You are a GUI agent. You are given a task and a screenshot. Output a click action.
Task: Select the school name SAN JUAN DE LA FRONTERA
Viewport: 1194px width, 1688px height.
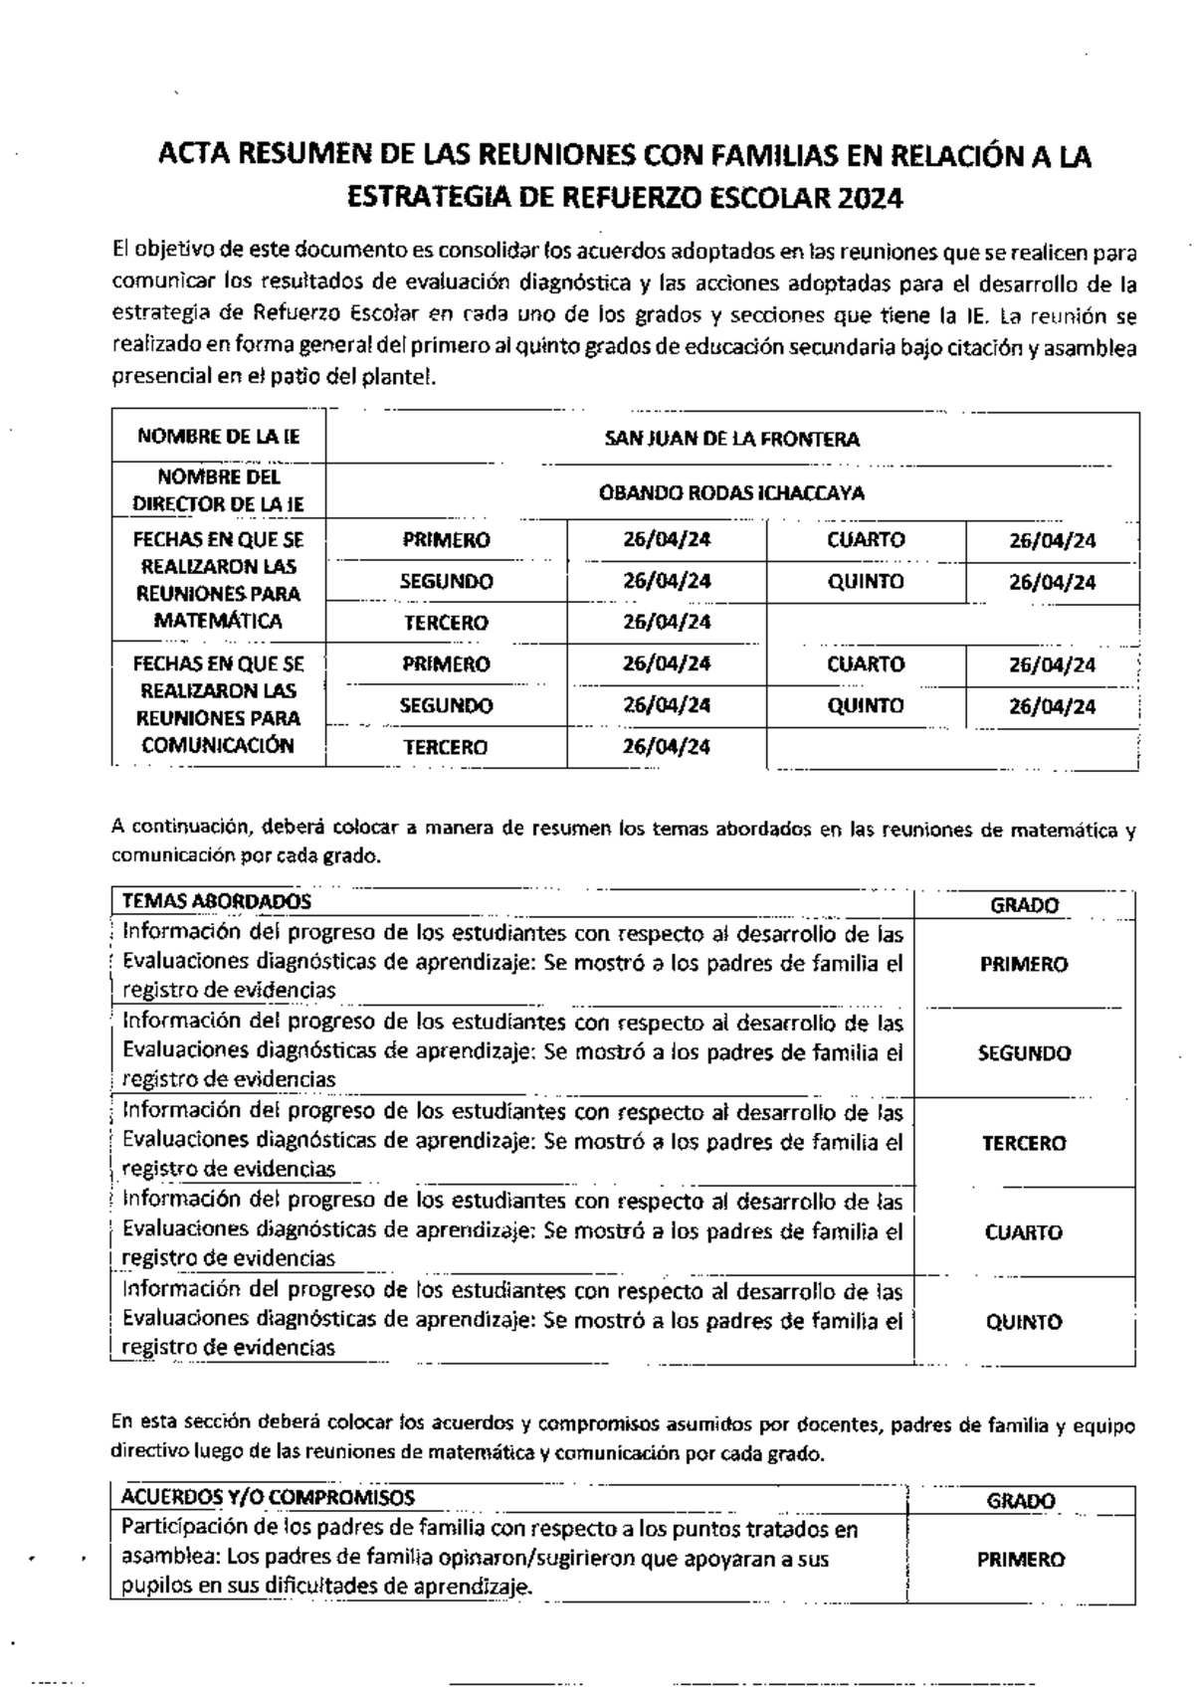731,439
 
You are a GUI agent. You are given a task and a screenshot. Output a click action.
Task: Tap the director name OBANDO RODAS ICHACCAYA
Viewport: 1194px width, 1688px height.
731,492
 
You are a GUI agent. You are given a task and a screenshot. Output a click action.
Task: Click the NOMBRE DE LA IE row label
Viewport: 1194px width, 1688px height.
219,437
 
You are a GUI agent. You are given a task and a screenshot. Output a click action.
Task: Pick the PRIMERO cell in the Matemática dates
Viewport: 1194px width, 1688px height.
446,540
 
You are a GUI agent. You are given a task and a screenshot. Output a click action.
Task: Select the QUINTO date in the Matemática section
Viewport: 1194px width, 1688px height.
1053,582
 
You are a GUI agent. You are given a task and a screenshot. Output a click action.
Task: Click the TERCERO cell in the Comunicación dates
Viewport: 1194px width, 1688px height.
446,747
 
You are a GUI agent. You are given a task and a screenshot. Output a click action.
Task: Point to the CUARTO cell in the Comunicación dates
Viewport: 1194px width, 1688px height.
866,663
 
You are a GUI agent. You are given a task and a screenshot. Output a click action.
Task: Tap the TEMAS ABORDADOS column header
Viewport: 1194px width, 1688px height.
216,901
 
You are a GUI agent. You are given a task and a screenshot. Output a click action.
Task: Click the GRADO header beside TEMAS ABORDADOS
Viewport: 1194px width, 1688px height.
1024,905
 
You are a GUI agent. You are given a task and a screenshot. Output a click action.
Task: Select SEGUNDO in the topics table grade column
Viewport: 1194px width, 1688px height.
1024,1053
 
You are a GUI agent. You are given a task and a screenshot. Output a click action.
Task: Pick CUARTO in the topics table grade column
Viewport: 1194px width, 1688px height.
1024,1232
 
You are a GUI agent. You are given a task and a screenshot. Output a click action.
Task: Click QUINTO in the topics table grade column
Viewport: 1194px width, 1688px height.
1024,1322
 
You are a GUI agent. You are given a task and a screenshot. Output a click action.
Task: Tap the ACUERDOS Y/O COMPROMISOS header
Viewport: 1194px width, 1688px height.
268,1497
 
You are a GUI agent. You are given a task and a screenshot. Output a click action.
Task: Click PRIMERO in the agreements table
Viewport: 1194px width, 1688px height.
1021,1560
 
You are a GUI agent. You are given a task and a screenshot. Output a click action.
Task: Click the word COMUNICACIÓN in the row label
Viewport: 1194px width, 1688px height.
219,745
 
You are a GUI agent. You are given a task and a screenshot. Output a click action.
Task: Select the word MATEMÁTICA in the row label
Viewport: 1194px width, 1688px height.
219,621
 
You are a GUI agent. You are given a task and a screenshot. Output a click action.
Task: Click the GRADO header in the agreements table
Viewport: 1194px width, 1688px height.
1021,1501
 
